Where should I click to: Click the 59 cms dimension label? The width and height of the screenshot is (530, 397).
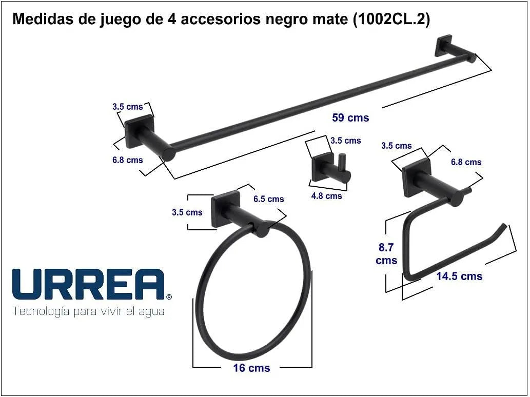tap(350, 117)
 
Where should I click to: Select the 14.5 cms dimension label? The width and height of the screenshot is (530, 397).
tap(459, 276)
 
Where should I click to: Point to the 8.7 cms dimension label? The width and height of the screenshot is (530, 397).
tap(386, 254)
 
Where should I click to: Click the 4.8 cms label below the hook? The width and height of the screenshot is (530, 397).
tap(326, 195)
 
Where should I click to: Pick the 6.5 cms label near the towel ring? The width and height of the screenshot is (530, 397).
tap(268, 199)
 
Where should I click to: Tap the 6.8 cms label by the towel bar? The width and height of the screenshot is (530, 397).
tap(128, 160)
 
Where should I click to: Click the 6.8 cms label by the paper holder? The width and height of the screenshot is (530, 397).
tap(466, 162)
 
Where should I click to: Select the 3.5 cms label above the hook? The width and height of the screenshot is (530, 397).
tap(345, 140)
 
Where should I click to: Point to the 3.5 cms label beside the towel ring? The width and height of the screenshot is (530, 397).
tap(187, 212)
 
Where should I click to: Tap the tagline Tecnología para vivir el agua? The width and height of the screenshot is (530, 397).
tap(88, 311)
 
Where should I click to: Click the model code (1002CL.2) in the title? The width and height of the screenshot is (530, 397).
tap(391, 19)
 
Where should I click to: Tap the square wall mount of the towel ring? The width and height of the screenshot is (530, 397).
tap(225, 209)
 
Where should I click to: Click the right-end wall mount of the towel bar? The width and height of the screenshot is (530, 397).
tap(444, 46)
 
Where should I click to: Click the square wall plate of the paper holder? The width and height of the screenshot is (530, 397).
tap(416, 177)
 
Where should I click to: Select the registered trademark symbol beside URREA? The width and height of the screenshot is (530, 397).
tap(169, 296)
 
